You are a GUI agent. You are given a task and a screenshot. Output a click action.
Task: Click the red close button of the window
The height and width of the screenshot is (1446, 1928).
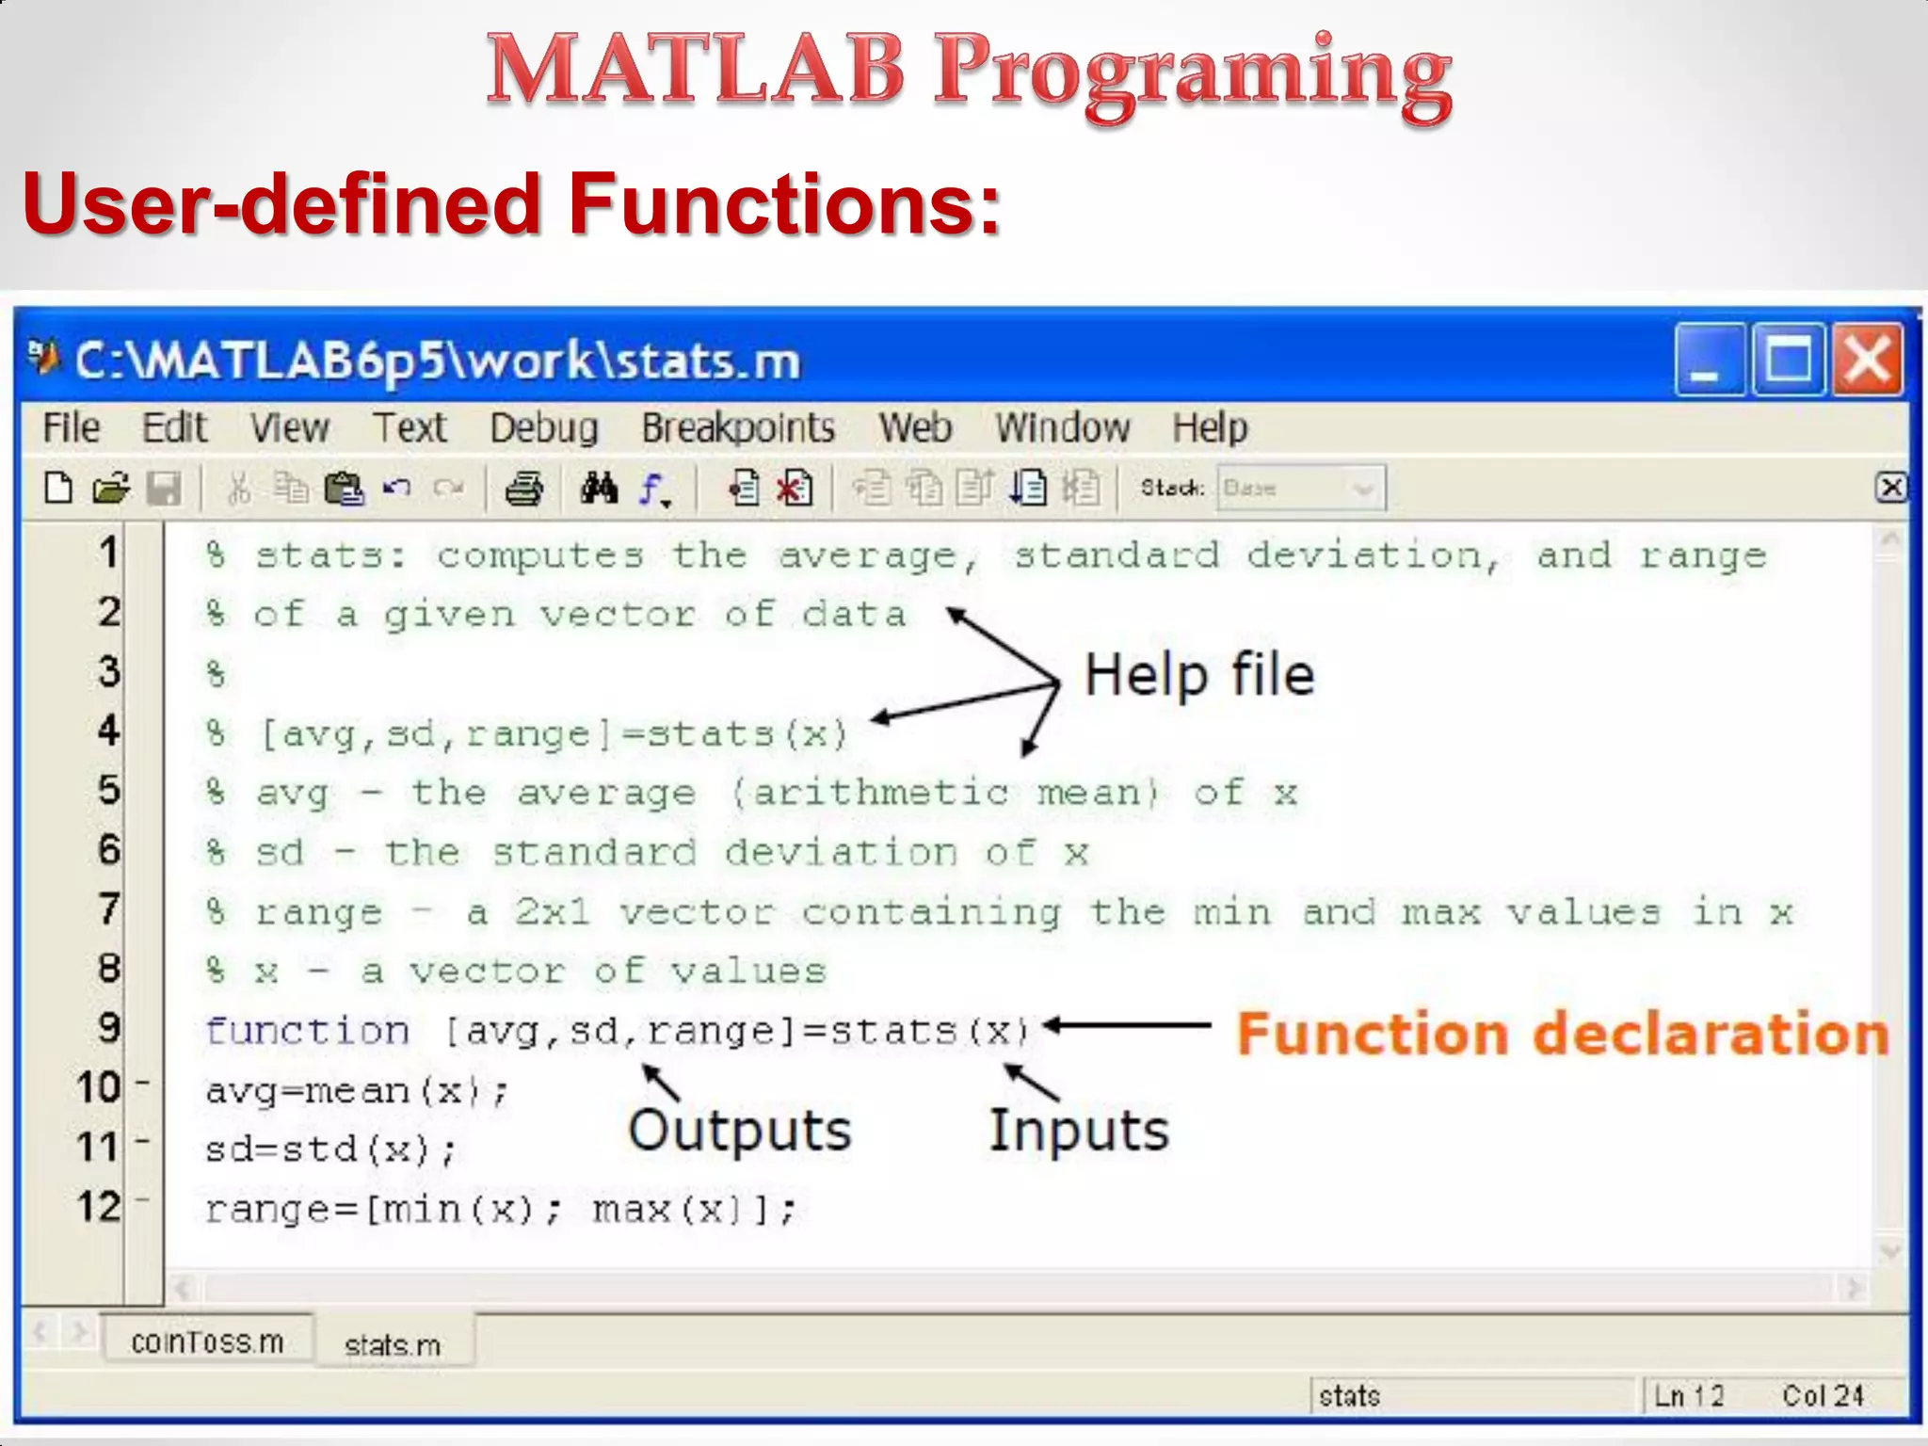[x=1867, y=361]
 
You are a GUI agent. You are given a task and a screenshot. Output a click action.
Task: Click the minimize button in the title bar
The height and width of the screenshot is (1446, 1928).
[x=1709, y=361]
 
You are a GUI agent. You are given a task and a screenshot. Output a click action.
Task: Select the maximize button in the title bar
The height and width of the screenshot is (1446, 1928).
[x=1788, y=361]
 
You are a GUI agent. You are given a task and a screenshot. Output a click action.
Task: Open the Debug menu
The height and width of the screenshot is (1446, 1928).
[x=544, y=428]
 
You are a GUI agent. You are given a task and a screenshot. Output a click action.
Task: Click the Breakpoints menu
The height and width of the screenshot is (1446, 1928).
[x=738, y=428]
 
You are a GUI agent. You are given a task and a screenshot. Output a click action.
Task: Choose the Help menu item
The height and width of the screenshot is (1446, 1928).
[x=1210, y=428]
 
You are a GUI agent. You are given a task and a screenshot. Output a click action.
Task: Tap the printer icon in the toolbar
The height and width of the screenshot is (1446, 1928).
[x=523, y=489]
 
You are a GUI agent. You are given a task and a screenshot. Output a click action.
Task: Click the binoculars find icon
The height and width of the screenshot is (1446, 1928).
[x=599, y=489]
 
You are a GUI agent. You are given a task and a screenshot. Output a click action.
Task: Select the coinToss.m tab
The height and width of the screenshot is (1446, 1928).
[x=207, y=1342]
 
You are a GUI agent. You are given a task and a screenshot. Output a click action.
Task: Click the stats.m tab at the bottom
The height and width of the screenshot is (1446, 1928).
[x=393, y=1345]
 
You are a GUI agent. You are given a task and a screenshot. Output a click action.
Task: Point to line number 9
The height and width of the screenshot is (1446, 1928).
[x=109, y=1027]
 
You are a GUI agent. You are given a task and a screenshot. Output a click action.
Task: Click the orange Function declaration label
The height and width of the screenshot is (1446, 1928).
[x=1563, y=1034]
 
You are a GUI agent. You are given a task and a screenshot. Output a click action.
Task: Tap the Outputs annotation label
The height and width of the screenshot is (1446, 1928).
[x=740, y=1130]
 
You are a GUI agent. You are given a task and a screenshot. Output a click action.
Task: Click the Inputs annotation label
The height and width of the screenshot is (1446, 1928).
[x=1079, y=1130]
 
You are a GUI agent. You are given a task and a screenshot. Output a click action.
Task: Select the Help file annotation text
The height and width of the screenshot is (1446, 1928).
[x=1199, y=675]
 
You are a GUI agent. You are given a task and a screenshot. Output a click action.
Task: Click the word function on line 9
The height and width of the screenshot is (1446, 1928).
[x=308, y=1031]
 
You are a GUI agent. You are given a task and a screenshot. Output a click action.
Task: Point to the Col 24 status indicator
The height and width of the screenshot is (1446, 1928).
[x=1823, y=1395]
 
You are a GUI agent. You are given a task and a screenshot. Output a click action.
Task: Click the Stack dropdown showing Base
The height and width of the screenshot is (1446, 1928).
[x=1301, y=488]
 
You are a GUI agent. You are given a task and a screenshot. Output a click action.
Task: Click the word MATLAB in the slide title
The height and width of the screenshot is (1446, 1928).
[x=695, y=70]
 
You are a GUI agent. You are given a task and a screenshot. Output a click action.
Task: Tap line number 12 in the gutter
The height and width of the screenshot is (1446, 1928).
[x=100, y=1207]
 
